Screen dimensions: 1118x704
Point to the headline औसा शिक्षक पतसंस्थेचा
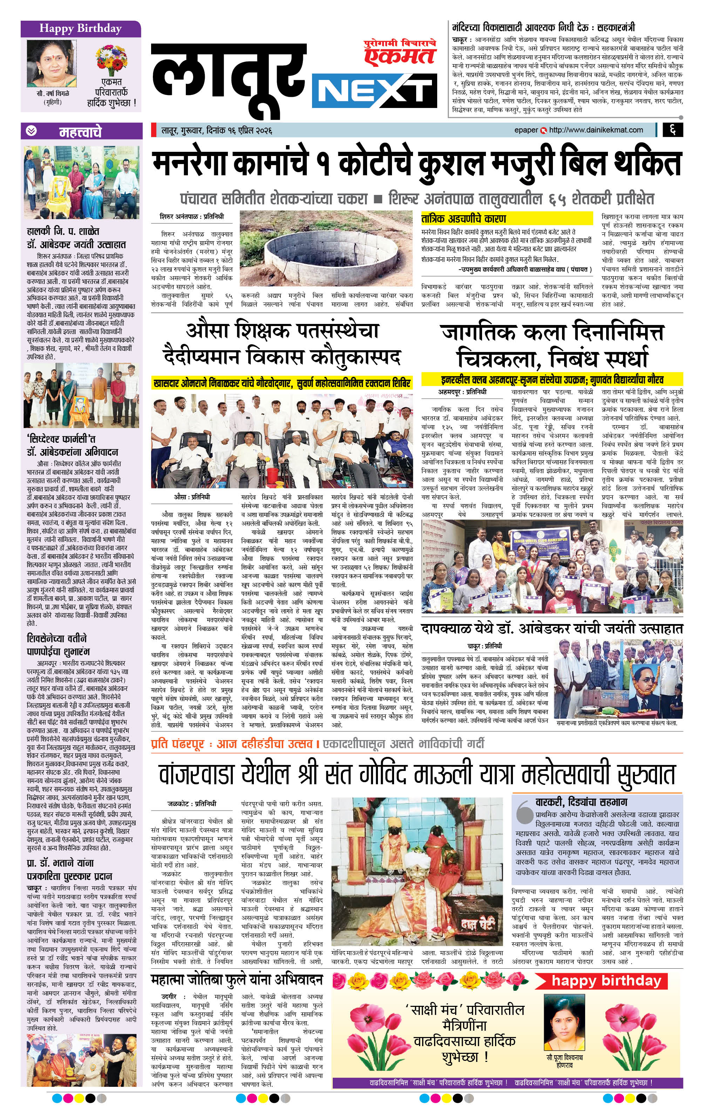click(282, 331)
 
